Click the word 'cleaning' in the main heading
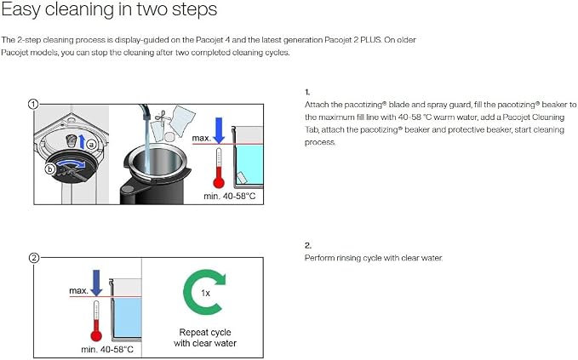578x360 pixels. (x=80, y=9)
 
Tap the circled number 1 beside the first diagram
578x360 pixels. (x=33, y=105)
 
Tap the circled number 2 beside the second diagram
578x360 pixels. (x=33, y=258)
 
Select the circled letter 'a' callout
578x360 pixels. (x=91, y=145)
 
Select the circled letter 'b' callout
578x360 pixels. (x=49, y=169)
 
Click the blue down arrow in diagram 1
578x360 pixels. (x=220, y=130)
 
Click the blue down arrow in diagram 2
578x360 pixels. (x=96, y=283)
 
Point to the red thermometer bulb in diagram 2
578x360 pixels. (x=96, y=335)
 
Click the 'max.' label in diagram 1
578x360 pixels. (x=202, y=139)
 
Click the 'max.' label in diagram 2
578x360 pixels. (x=79, y=291)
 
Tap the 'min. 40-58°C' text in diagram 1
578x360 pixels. (x=230, y=197)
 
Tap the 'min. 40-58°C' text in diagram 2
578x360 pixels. (x=107, y=349)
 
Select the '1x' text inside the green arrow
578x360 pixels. (x=206, y=294)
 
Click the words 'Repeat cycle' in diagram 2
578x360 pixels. (x=205, y=333)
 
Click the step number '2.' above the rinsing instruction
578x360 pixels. (x=308, y=245)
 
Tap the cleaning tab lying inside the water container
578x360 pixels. (x=242, y=178)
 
